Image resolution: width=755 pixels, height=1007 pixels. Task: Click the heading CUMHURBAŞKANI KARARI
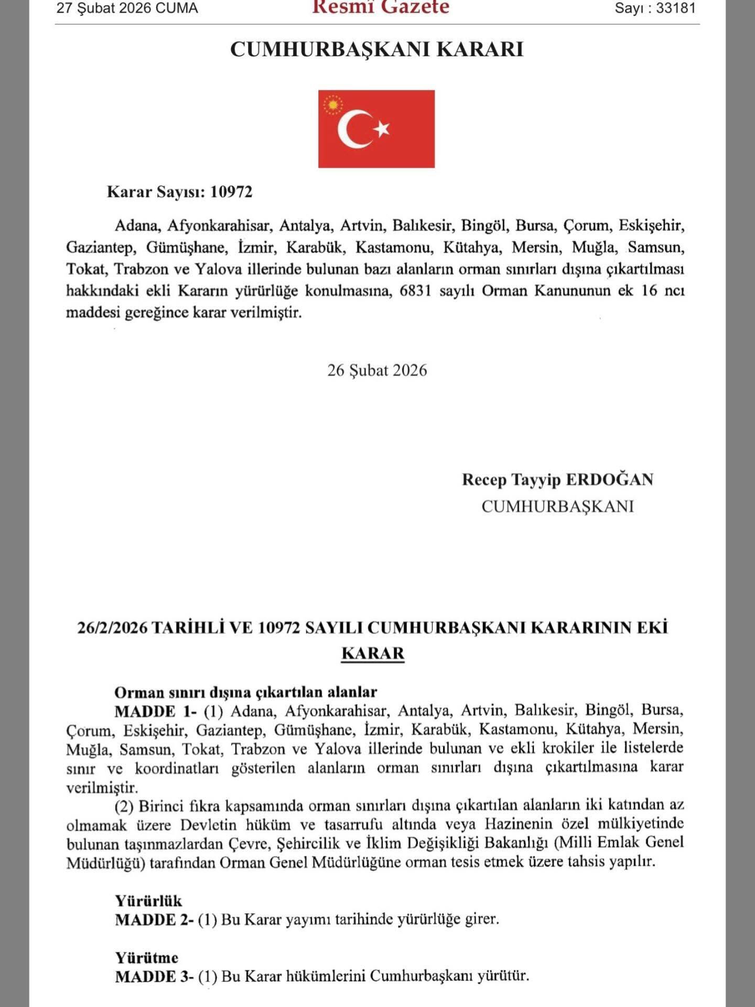tap(377, 49)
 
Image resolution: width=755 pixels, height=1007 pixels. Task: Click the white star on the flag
tap(383, 128)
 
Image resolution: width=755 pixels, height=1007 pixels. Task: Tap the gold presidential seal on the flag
tap(332, 104)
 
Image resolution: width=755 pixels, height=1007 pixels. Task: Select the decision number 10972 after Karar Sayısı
tap(231, 192)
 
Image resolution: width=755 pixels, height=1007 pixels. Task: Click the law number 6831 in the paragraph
tap(415, 291)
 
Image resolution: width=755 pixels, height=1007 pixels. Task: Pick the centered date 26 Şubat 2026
tap(377, 370)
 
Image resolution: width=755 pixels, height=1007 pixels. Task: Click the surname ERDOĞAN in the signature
tap(610, 479)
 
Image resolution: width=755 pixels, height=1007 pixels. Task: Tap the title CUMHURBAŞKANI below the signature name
tap(557, 506)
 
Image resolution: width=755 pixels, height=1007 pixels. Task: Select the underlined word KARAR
tap(373, 654)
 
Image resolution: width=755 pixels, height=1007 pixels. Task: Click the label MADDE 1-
tap(156, 712)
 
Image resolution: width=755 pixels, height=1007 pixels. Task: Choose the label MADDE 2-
tap(154, 920)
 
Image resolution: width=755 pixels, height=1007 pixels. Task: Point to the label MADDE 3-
tap(154, 977)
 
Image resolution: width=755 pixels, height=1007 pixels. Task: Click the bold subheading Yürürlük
tap(148, 901)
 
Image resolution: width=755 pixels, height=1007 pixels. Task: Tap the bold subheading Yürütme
tap(147, 958)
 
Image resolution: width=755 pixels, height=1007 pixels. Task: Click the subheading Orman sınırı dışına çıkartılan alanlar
tap(246, 692)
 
